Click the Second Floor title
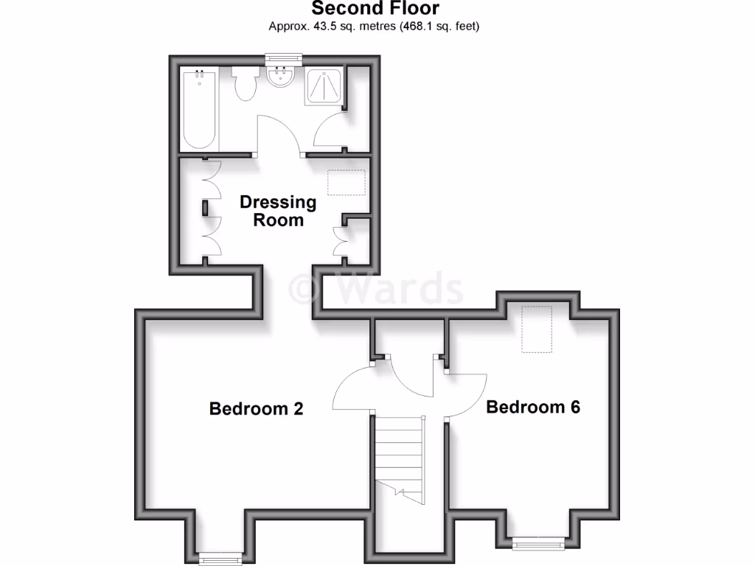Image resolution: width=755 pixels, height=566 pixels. point(375,9)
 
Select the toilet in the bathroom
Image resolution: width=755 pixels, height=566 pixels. point(244,83)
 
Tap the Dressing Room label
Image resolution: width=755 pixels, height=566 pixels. point(278,211)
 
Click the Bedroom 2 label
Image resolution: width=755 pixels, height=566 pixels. point(256,408)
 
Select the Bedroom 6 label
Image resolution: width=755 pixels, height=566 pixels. point(533,406)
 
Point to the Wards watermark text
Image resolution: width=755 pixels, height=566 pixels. point(376,289)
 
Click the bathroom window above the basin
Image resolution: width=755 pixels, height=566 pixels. point(284,56)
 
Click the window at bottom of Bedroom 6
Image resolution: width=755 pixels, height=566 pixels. point(537,545)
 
